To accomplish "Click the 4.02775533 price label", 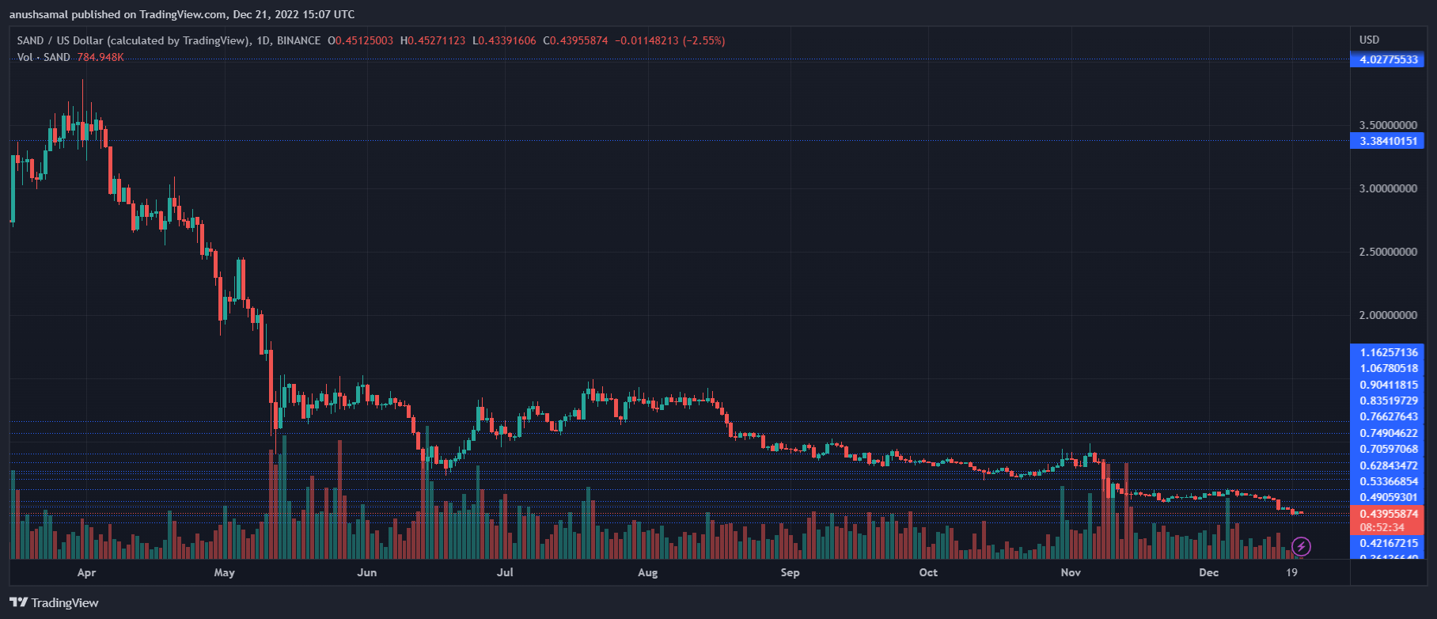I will [1388, 59].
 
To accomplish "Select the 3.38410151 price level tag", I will [1388, 141].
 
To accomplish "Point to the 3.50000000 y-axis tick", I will [1388, 125].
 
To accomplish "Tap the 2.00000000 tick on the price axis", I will [1388, 315].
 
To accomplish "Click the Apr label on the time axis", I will [86, 572].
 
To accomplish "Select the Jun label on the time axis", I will [366, 572].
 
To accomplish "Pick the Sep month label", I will [790, 572].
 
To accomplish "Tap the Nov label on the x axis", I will [1070, 572].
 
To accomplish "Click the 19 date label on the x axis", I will [1291, 572].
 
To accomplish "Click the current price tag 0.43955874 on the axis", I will [1388, 514].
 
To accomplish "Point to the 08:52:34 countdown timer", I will [1382, 527].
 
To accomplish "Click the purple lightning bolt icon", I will [1301, 546].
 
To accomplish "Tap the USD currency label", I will [1369, 40].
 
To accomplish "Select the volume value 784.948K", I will [100, 57].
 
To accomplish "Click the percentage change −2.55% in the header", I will [703, 40].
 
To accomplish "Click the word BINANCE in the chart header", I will [298, 40].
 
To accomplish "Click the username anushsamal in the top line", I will [39, 14].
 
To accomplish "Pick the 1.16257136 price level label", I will [1388, 351].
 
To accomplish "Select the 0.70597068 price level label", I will [1388, 449].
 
